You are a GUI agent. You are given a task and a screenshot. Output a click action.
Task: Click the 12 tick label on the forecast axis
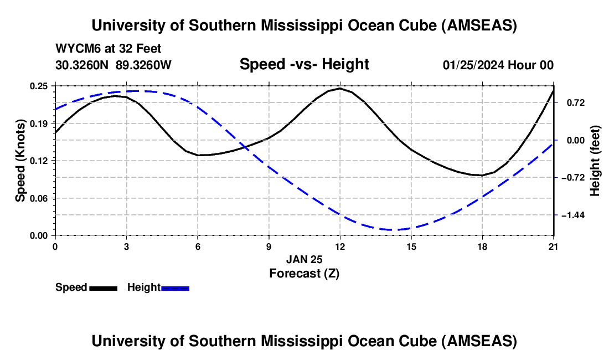pos(340,247)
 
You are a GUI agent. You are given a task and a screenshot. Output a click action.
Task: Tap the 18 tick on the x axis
pos(483,247)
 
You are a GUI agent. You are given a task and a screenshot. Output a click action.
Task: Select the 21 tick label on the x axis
pos(554,247)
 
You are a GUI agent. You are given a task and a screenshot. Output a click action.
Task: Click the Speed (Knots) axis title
pos(20,161)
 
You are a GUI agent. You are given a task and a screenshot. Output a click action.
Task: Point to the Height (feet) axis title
pos(596,161)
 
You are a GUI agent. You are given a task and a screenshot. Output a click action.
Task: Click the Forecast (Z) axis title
pos(304,273)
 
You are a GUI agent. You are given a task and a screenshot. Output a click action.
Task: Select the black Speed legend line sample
pos(103,287)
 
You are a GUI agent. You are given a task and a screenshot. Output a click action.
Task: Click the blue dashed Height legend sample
pos(176,287)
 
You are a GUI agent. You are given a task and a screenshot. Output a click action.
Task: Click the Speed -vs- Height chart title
pos(304,64)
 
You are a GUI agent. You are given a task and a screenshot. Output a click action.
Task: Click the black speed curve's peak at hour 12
pos(339,88)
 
